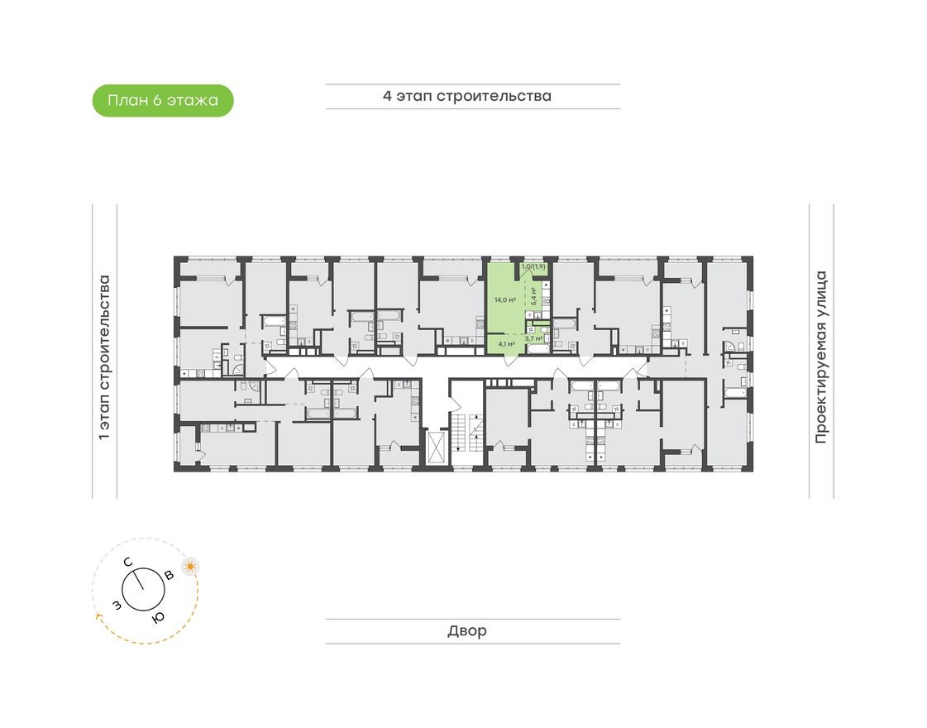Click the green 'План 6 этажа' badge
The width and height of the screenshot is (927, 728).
tap(163, 101)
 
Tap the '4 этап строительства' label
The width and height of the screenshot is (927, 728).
tap(466, 96)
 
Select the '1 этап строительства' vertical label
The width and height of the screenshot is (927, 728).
tap(104, 357)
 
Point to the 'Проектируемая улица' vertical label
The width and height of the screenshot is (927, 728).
tap(820, 357)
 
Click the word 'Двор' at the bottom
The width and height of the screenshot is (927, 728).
tap(467, 631)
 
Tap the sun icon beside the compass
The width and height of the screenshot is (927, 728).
tap(191, 567)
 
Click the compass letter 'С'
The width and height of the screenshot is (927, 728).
tap(128, 563)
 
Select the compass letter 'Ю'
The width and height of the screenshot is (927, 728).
tap(158, 617)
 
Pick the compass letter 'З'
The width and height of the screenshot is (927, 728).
tap(117, 606)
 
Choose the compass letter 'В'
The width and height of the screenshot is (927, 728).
tap(169, 575)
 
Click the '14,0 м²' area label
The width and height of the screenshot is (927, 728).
tap(504, 300)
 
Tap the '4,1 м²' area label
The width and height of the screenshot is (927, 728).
tap(506, 343)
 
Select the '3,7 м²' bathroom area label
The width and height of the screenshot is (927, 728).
tap(533, 338)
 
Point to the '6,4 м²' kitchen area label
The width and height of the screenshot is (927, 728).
tap(535, 296)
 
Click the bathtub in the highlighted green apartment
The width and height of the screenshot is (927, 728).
tap(538, 351)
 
